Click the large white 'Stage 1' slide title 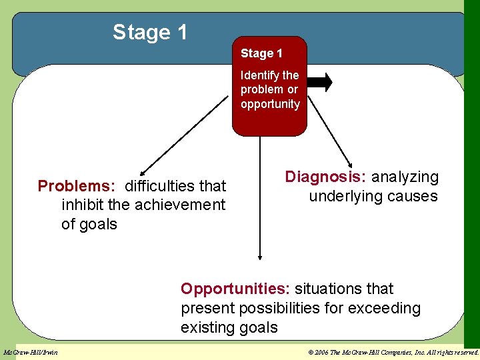tap(151, 32)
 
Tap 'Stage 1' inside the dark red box tap(261, 53)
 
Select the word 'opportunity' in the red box tap(270, 104)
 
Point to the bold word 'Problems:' tap(76, 185)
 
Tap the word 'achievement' tap(180, 205)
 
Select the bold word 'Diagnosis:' tap(325, 177)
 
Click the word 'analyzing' tap(405, 177)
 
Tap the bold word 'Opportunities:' tap(235, 289)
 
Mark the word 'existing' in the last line tap(206, 327)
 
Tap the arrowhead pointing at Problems tap(143, 172)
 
